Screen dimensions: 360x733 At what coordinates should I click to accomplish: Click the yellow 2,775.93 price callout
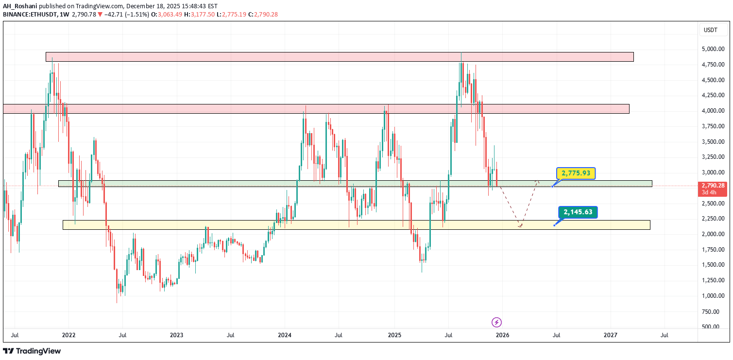coord(576,173)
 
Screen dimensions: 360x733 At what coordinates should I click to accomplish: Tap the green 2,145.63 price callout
coord(578,212)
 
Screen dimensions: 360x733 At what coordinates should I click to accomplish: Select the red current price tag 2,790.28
coord(713,186)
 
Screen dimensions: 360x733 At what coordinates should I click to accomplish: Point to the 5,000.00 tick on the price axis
coord(713,49)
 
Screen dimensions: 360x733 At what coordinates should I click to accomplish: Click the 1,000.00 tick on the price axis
coord(713,296)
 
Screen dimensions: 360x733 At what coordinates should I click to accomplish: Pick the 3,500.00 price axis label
coord(713,142)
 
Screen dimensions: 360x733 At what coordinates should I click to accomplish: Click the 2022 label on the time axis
coord(68,335)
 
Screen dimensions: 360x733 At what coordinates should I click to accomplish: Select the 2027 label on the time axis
coord(611,335)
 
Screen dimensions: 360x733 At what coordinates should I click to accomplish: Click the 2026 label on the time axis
coord(502,335)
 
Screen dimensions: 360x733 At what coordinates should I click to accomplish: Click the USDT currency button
coord(710,30)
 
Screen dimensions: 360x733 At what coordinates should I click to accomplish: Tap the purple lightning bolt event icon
coord(496,322)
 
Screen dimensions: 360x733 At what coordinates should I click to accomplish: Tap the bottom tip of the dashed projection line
coord(520,227)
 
